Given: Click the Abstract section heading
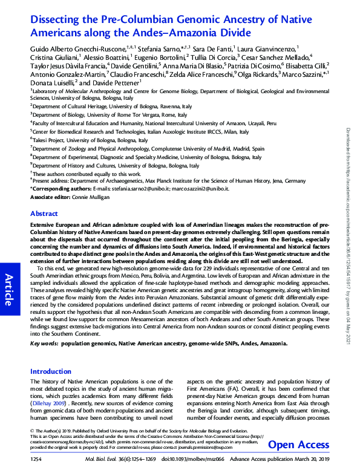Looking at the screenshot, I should pos(44,214).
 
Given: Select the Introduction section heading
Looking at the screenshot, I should pos(51,371).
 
